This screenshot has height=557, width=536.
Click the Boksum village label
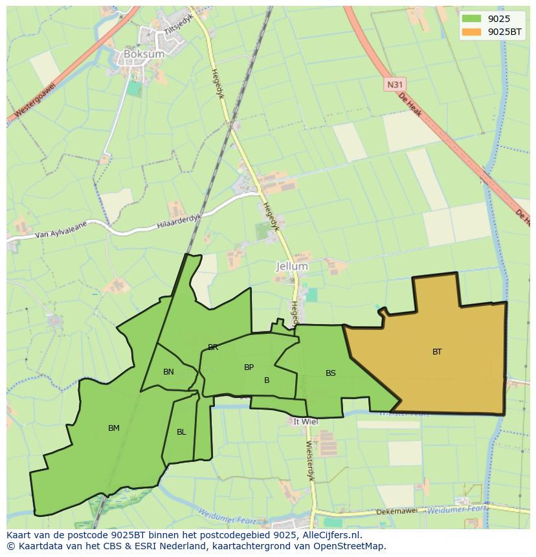(x=144, y=54)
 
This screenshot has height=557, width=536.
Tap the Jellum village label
(x=292, y=266)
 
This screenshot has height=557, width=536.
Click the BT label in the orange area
(x=437, y=352)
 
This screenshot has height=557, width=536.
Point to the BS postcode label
(x=330, y=373)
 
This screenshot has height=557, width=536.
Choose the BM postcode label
(x=114, y=428)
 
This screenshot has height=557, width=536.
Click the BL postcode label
(x=181, y=432)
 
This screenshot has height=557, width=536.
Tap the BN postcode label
(x=168, y=372)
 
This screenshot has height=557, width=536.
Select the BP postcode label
(x=249, y=367)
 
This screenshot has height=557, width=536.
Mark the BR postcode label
(x=213, y=347)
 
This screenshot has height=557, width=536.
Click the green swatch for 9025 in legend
(x=471, y=19)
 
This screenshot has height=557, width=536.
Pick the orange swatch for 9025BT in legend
(x=471, y=32)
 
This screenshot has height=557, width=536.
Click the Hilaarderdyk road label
(x=179, y=221)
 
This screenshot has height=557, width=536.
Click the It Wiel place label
(x=305, y=421)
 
